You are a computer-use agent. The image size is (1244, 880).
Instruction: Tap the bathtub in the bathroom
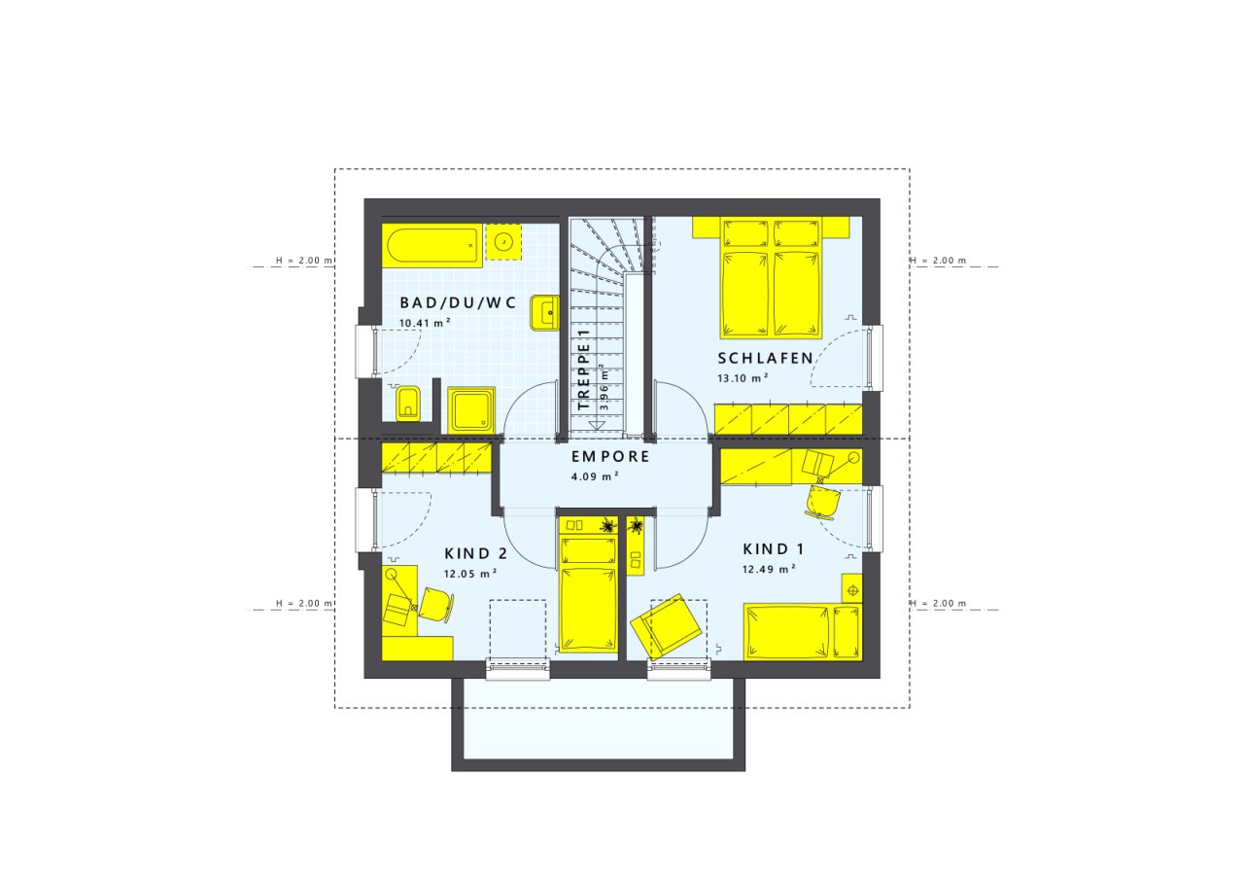tap(433, 246)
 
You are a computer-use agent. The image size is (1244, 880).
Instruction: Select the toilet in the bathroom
tap(408, 402)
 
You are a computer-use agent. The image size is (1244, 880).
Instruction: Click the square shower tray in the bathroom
tap(473, 409)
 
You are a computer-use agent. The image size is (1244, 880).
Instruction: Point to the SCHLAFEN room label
tap(765, 359)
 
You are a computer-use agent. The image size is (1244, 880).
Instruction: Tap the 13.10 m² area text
tap(743, 377)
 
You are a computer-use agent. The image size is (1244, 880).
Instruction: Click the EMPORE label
tap(610, 456)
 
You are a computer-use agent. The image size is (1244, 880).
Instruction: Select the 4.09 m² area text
tap(595, 476)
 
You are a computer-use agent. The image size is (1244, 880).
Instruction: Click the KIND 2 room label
tap(475, 554)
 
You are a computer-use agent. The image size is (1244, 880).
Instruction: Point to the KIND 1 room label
tap(775, 547)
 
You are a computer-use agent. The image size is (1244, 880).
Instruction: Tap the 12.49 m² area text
tap(769, 569)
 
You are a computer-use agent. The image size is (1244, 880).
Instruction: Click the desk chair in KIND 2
tap(433, 606)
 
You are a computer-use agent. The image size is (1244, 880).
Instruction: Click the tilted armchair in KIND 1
tap(666, 626)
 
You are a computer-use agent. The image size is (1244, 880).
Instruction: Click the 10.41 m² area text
tap(425, 322)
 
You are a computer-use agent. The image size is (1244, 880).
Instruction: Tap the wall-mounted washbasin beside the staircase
tap(543, 313)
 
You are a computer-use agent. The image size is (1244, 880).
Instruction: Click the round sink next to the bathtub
tap(503, 241)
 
